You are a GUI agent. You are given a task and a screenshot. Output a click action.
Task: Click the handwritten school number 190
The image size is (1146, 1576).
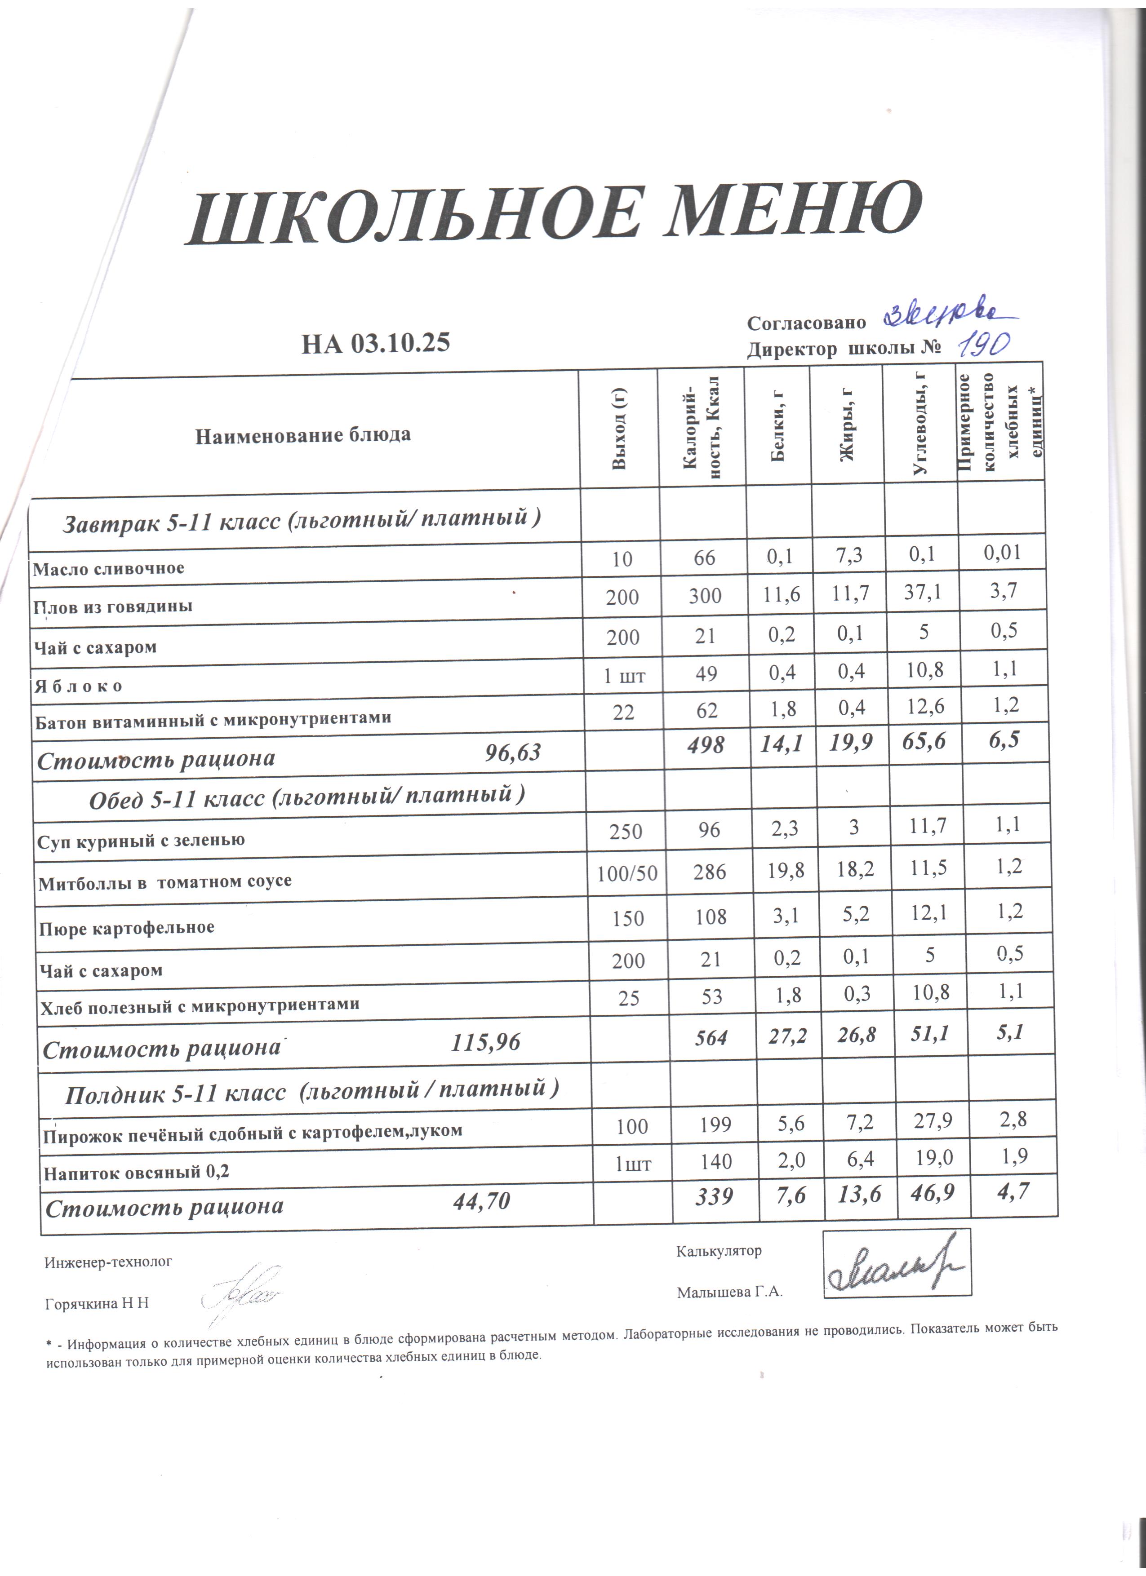pyautogui.click(x=983, y=343)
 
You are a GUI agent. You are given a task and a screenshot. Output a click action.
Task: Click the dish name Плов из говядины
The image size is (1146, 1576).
pyautogui.click(x=114, y=606)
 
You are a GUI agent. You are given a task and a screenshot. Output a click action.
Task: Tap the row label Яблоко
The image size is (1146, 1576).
pyautogui.click(x=79, y=686)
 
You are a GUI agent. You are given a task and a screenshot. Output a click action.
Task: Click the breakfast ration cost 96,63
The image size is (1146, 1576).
pyautogui.click(x=512, y=753)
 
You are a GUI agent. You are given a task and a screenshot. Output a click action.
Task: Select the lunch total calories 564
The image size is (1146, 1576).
pyautogui.click(x=711, y=1037)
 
